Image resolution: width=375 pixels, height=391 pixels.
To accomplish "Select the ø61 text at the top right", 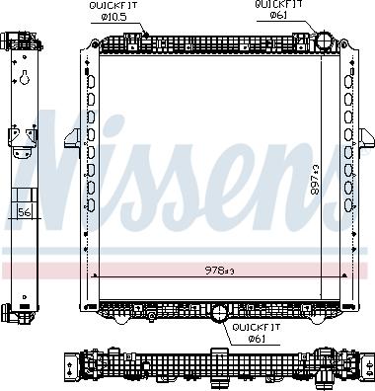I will (276, 18).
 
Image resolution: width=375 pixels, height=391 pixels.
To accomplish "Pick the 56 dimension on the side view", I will (25, 211).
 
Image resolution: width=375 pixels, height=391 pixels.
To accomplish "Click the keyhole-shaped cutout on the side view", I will (21, 83).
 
